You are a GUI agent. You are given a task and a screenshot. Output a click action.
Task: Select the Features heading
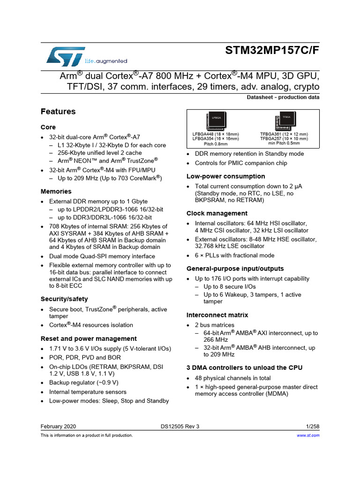(x=58, y=112)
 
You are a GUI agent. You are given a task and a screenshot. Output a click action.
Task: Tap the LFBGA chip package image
(x=216, y=121)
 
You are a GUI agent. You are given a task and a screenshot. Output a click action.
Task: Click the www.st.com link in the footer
(x=308, y=435)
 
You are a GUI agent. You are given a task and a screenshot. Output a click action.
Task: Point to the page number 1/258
(x=312, y=427)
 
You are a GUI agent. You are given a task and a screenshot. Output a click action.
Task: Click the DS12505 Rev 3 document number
(x=180, y=427)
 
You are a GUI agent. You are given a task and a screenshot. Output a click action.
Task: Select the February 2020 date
(x=59, y=427)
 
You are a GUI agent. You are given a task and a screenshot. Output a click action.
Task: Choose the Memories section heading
(x=56, y=191)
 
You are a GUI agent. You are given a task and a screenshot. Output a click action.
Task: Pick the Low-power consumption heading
(x=226, y=176)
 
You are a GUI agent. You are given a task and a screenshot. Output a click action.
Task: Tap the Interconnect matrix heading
(x=217, y=315)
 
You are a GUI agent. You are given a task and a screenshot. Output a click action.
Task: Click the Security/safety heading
(x=64, y=299)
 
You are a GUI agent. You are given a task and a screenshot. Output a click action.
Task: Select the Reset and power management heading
(x=89, y=338)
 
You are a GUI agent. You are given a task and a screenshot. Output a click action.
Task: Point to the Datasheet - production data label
(x=283, y=97)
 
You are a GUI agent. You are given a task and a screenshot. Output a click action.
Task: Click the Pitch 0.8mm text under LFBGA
(x=215, y=144)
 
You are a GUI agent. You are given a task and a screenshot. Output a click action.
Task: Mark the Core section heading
(x=48, y=127)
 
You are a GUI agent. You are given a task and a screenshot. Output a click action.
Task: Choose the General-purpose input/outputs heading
(x=235, y=269)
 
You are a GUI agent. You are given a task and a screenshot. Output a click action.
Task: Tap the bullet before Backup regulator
(x=43, y=382)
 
